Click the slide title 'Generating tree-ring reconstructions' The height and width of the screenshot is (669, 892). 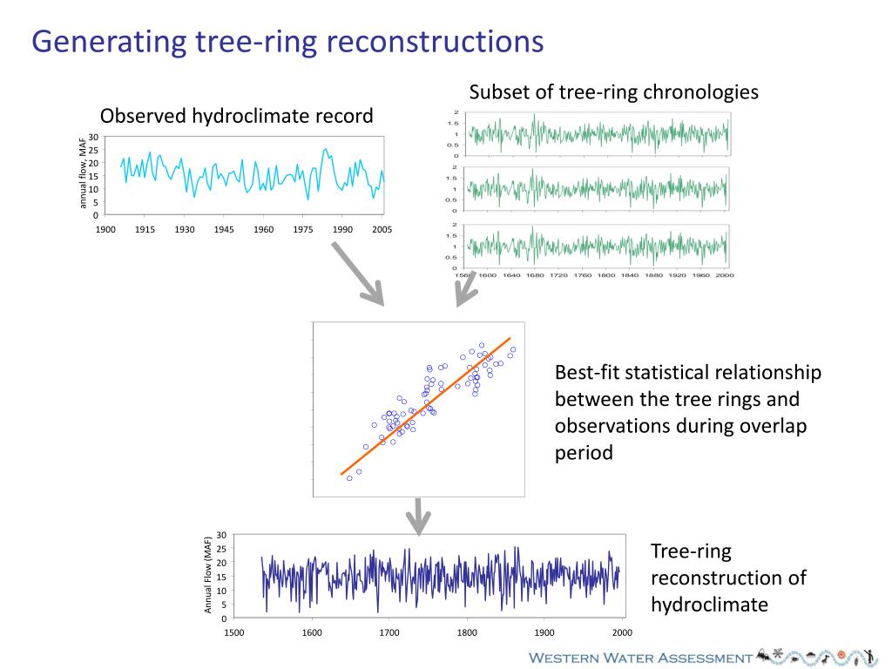[287, 42]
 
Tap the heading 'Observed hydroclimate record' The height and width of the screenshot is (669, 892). [236, 116]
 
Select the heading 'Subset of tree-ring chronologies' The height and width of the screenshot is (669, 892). [613, 92]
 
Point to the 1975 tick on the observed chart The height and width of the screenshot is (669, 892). [303, 230]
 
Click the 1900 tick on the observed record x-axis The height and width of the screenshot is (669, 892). [105, 230]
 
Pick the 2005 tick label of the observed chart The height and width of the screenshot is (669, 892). [382, 230]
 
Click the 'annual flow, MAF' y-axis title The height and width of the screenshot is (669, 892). [84, 172]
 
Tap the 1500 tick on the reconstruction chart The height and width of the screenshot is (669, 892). [234, 632]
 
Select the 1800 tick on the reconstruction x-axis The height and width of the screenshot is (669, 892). [467, 632]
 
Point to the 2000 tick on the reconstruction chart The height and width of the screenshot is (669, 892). [622, 632]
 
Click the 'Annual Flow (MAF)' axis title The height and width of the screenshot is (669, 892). [208, 575]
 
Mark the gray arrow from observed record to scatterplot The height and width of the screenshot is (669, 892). [357, 274]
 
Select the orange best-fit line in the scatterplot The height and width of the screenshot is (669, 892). [425, 406]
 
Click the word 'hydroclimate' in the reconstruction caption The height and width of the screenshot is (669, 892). [709, 605]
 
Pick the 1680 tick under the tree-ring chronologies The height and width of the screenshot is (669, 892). [535, 275]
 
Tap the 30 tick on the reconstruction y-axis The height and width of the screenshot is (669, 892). [222, 535]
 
